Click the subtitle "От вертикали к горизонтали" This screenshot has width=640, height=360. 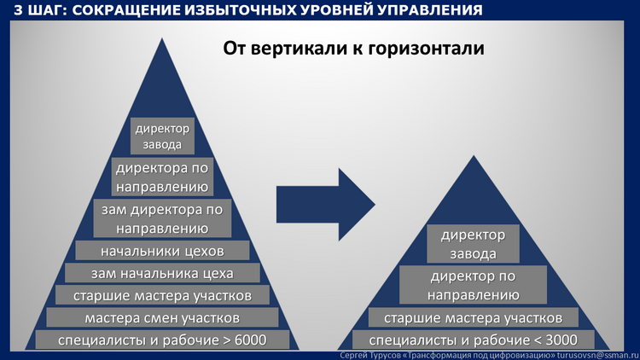point(353,49)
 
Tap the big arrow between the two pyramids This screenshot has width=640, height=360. point(325,204)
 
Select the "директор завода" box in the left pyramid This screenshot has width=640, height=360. point(162,136)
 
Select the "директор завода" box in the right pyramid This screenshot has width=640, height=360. point(473,244)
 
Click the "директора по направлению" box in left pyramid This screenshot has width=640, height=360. point(162,177)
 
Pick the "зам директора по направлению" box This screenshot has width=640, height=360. point(162,218)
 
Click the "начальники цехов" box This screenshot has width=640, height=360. point(162,250)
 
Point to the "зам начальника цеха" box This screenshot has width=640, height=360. point(162,273)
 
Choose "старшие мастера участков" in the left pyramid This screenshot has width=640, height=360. point(162,294)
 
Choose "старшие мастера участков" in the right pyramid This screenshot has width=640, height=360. point(474,317)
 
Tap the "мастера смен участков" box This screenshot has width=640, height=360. point(162,317)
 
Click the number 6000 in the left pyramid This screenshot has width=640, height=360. point(251,340)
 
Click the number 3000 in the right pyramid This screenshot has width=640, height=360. point(561,340)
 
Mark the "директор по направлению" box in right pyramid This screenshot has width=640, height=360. point(473,285)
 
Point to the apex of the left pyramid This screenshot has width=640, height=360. point(162,38)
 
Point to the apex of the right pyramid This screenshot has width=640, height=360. point(474,155)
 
